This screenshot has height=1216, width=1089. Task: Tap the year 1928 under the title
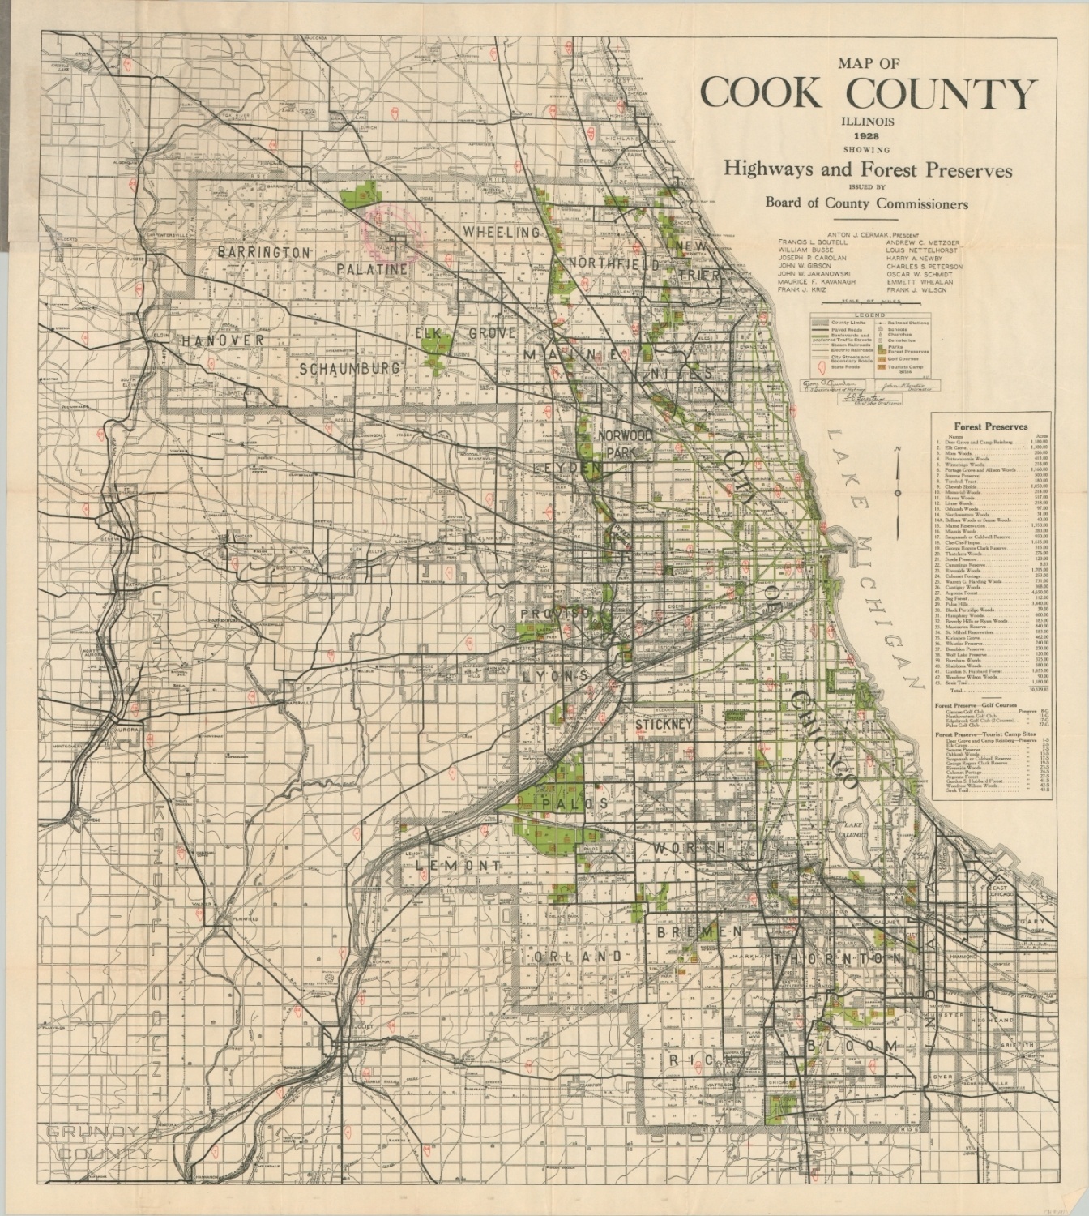click(867, 135)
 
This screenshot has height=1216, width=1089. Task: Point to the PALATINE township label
click(372, 268)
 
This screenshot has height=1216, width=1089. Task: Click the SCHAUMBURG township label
click(349, 368)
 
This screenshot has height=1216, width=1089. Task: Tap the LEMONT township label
click(458, 866)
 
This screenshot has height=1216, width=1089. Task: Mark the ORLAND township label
click(578, 957)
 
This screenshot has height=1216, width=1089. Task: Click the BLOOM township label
click(852, 1046)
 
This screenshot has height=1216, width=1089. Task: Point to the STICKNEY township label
click(664, 724)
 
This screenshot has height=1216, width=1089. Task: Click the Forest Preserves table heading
click(990, 426)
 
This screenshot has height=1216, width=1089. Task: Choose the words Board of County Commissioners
click(866, 203)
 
